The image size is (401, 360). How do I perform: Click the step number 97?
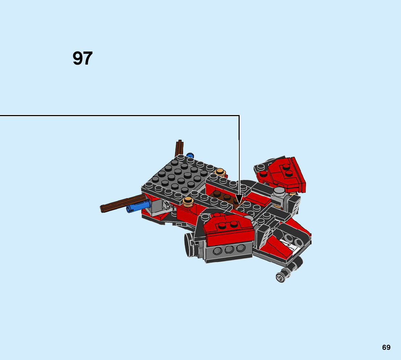(x=83, y=58)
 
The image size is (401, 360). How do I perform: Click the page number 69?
(x=386, y=347)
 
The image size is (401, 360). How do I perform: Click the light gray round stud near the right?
(x=279, y=191)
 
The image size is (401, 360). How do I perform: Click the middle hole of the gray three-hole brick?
(x=229, y=250)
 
